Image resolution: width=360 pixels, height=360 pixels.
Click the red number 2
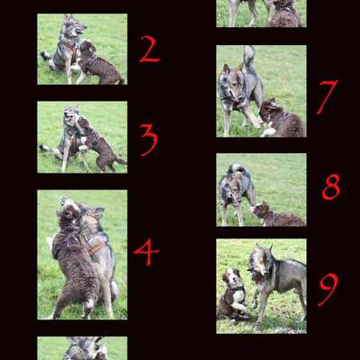148,49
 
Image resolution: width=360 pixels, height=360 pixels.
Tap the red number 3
148,139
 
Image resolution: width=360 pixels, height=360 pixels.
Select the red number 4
146,251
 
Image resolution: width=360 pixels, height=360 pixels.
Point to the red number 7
327,97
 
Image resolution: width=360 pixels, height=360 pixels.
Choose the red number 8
331,186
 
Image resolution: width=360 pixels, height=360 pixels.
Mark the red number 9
328,289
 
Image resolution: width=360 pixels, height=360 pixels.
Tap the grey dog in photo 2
65,49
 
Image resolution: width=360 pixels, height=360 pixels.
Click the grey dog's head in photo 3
72,116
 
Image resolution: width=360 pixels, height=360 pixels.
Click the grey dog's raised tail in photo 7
248,59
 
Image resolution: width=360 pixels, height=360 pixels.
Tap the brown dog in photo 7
281,119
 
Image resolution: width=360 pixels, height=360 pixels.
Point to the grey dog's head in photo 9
260,262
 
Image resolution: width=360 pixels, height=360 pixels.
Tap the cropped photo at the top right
261,13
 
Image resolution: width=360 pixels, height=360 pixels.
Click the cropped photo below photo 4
82,348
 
